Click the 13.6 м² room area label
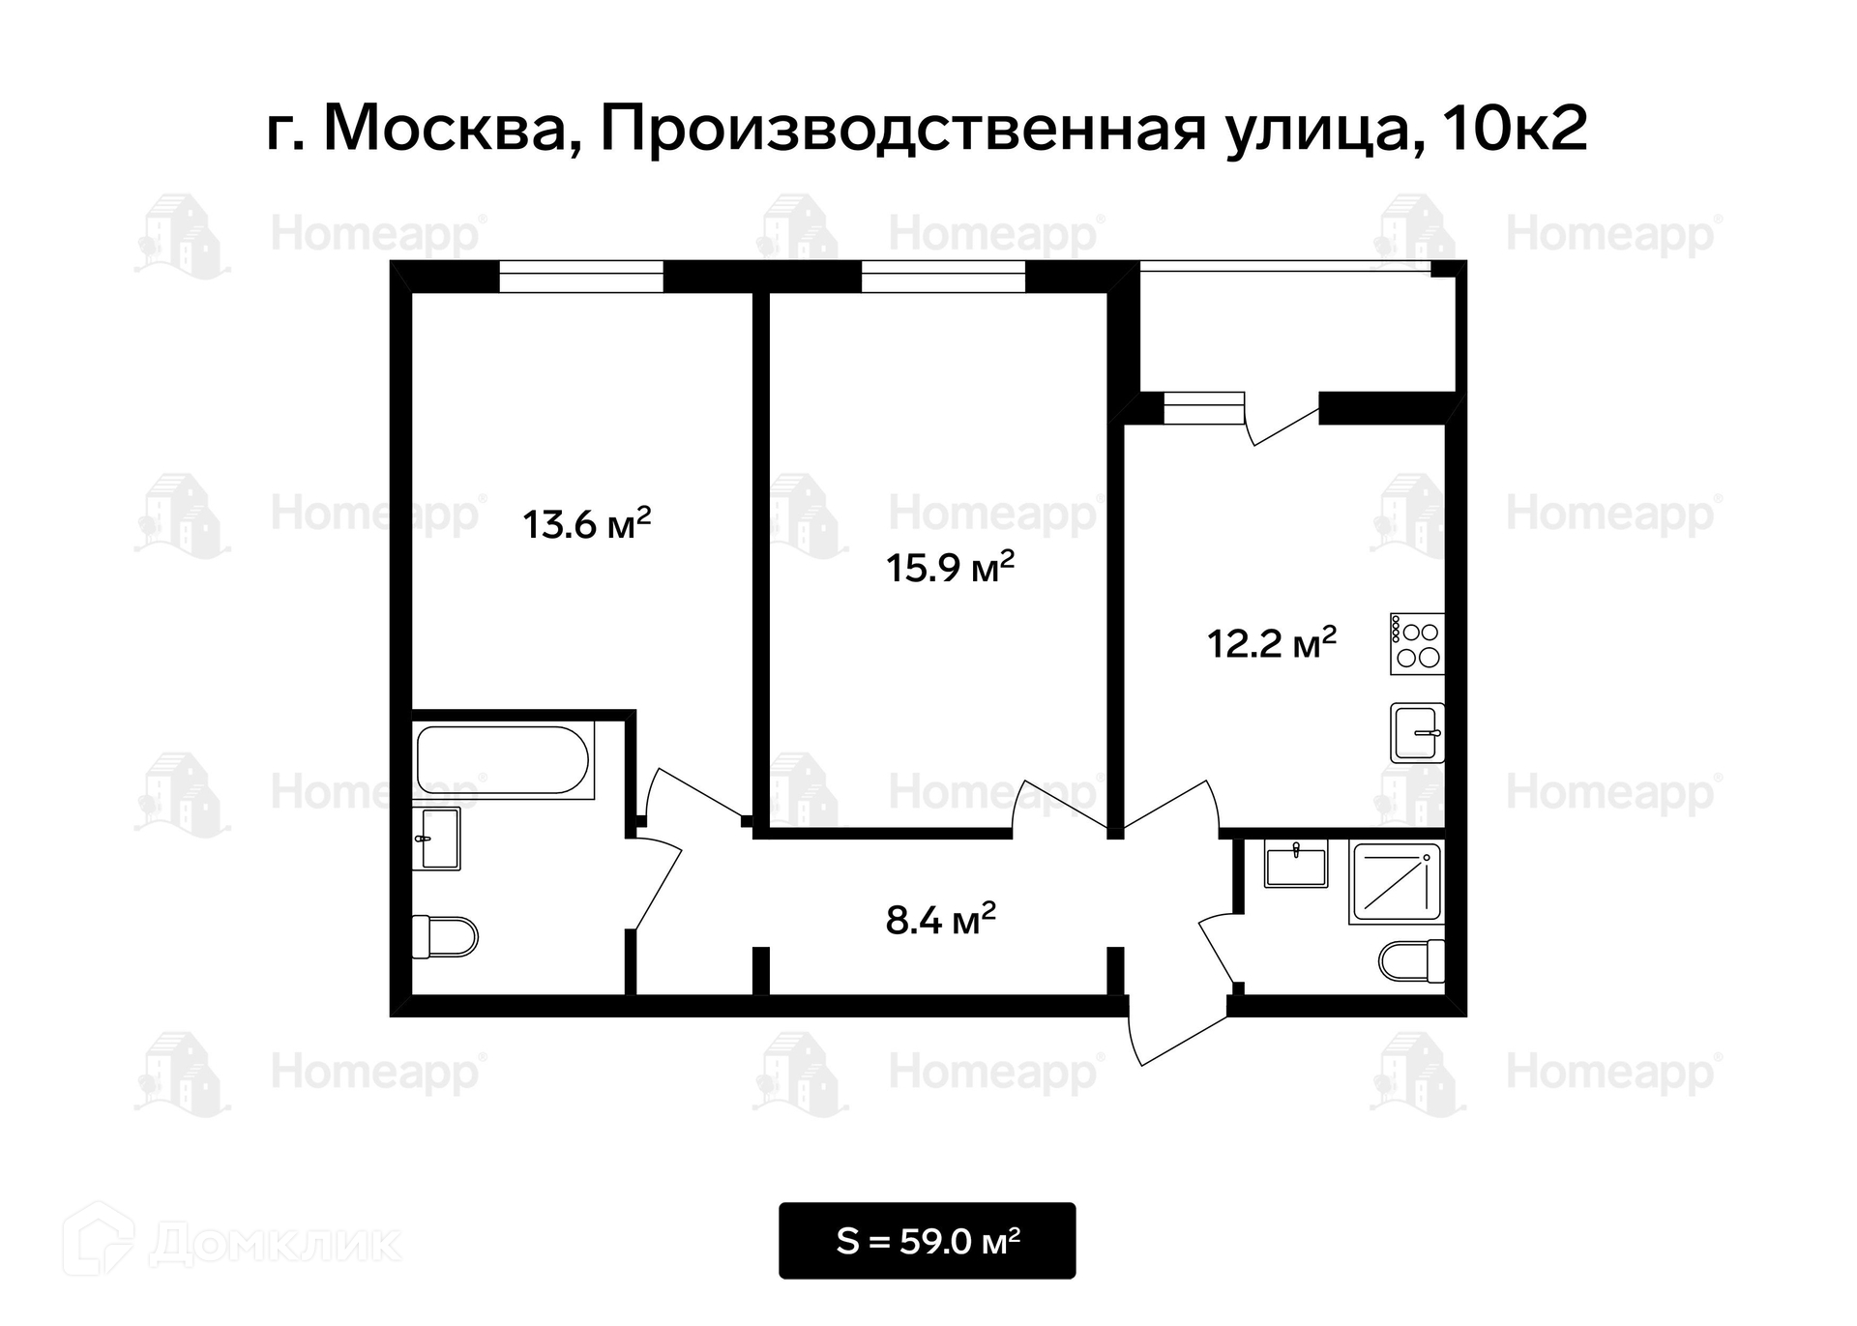587,523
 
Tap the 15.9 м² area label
950,566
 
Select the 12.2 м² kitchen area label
1272,642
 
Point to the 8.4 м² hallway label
940,919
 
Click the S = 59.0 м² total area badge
927,1240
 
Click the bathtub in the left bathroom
503,760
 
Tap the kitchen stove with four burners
1417,644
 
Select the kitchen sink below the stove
1418,732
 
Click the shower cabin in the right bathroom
1396,881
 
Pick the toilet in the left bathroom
445,936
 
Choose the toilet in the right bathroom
1411,961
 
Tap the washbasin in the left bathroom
436,840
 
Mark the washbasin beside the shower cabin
1296,863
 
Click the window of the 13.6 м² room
581,276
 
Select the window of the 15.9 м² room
943,276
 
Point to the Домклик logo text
275,1245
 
